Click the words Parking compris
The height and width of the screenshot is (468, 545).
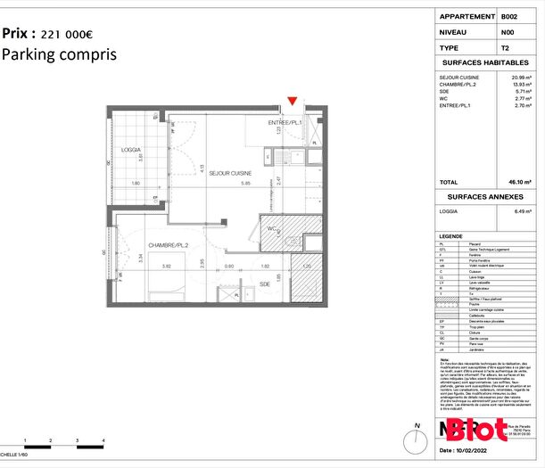click(59, 54)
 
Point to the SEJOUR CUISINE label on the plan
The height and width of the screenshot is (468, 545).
click(230, 173)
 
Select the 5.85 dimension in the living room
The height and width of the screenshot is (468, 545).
click(232, 184)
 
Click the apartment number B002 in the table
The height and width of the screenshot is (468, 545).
click(509, 16)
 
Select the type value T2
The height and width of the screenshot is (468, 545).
click(505, 47)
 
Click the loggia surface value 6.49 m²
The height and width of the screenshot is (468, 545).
click(520, 211)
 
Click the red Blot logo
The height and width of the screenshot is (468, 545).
click(478, 430)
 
